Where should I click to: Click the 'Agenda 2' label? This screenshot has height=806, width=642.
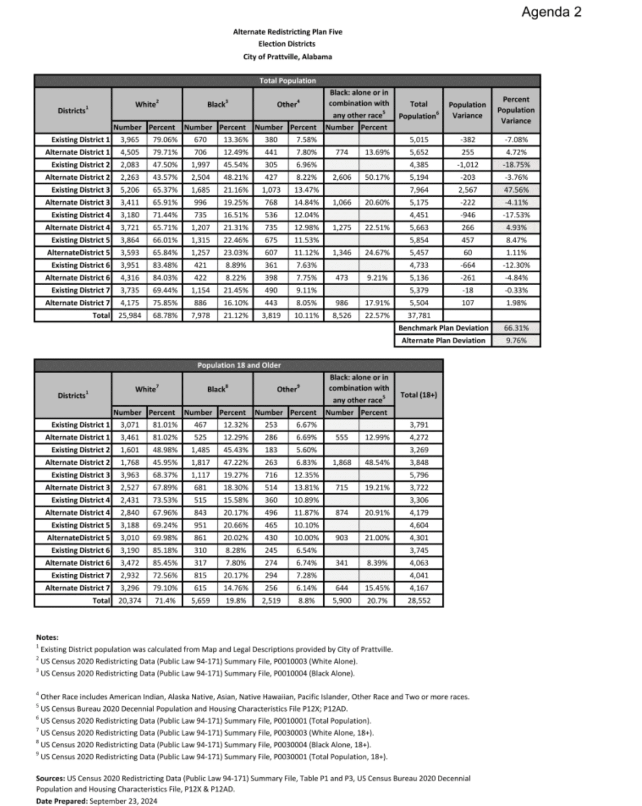tap(551, 12)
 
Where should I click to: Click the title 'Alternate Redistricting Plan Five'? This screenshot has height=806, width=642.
tap(287, 32)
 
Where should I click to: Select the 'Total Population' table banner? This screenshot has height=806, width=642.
tap(287, 81)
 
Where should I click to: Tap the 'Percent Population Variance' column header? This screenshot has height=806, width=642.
tap(516, 110)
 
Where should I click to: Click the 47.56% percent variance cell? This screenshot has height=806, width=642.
tap(516, 190)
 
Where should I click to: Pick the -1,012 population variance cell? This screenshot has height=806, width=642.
tap(467, 165)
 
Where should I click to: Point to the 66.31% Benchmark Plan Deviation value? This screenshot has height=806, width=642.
tap(516, 328)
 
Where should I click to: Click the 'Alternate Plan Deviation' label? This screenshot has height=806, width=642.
tap(443, 340)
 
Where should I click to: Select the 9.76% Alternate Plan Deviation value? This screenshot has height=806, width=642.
tap(516, 340)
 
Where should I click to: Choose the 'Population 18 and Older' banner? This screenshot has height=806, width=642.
tap(239, 365)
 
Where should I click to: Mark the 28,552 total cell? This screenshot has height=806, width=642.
tap(418, 601)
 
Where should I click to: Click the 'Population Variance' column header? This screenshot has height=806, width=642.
tap(467, 110)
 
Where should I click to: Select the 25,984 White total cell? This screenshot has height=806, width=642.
tap(129, 316)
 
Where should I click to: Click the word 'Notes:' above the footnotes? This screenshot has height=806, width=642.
tap(47, 637)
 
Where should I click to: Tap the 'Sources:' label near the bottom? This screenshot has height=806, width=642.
tap(50, 778)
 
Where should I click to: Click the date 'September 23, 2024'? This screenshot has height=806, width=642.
tap(124, 801)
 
